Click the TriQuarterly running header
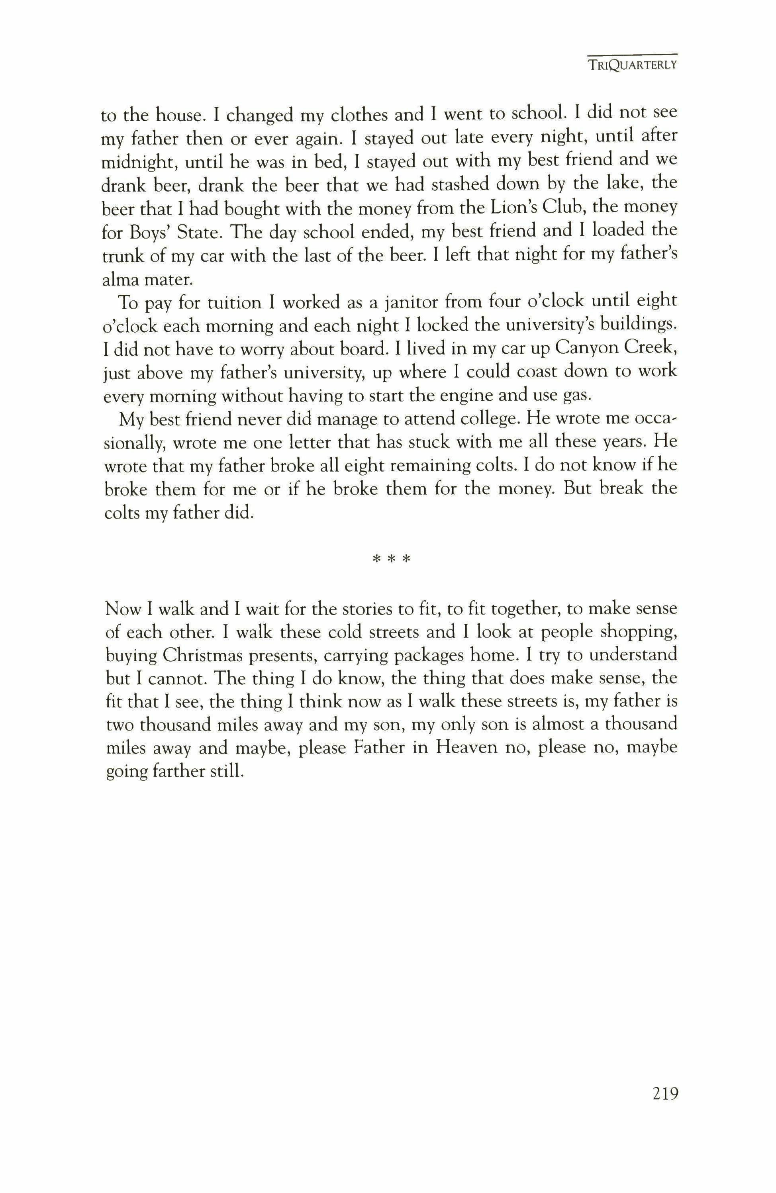(x=633, y=65)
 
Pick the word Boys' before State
(x=148, y=231)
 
